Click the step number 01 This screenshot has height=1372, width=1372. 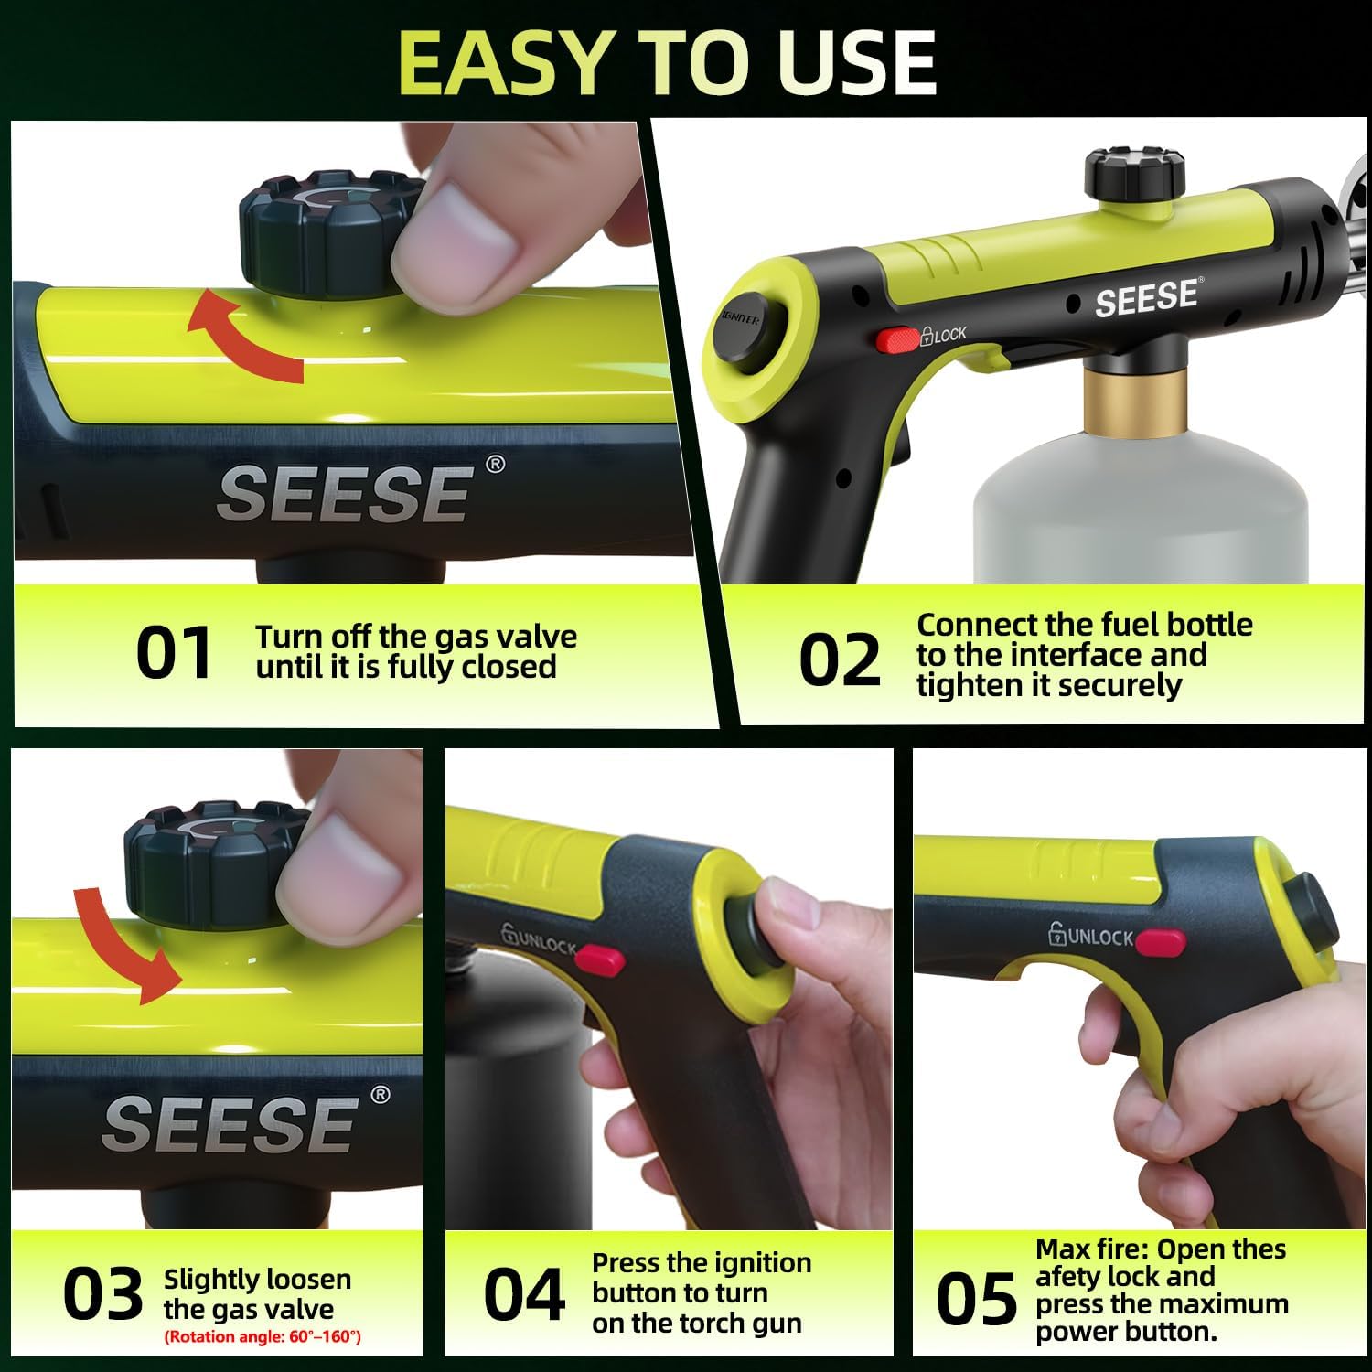174,653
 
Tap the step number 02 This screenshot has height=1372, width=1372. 839,659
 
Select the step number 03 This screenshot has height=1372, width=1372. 102,1294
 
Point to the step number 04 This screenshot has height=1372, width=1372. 524,1294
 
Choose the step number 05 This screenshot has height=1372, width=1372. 975,1298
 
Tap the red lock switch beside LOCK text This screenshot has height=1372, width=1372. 897,339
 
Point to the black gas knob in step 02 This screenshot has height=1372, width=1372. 1135,173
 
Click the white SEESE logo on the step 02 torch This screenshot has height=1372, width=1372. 1146,297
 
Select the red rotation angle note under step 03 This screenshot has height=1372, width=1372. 263,1337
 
